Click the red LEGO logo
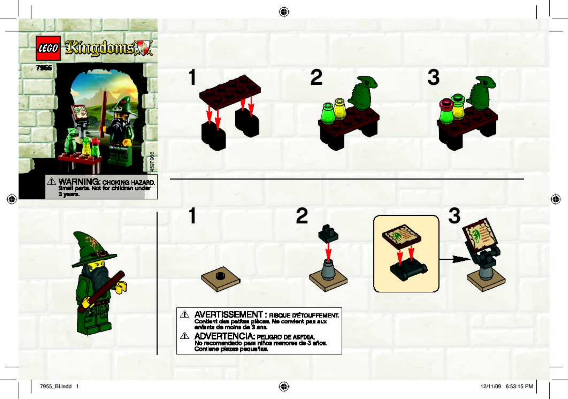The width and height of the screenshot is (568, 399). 48,48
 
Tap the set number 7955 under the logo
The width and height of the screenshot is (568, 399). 44,68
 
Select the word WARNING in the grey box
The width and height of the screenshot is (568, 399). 79,182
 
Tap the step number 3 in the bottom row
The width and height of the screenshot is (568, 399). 454,216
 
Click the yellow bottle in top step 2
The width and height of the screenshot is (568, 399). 340,109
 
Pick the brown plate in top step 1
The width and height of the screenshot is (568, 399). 230,92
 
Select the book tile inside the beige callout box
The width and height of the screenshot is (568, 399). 401,236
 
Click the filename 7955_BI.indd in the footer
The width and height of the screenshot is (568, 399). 56,386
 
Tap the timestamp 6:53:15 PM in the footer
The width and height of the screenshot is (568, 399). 519,386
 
